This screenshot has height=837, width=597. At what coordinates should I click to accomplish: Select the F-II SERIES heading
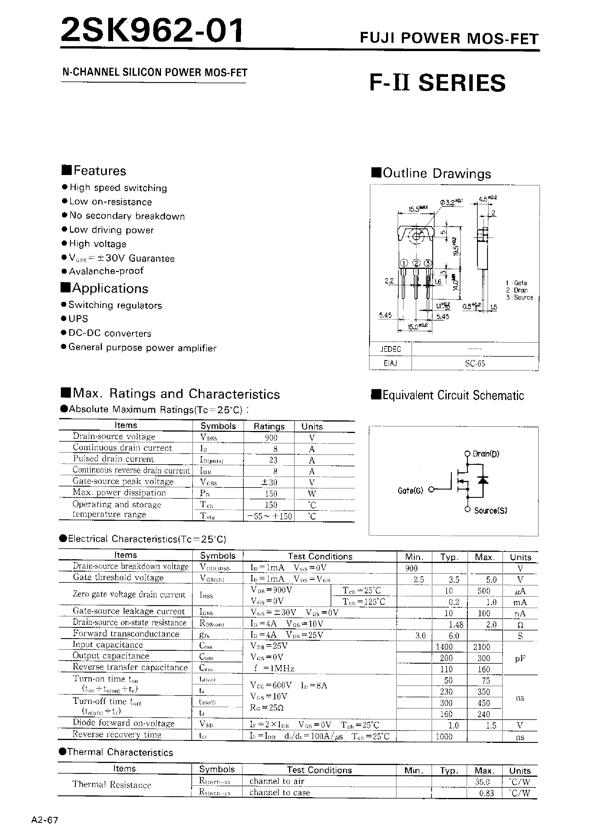(437, 83)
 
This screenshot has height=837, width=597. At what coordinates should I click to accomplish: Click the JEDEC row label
(390, 349)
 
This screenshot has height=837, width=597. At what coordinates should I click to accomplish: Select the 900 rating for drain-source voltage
(271, 438)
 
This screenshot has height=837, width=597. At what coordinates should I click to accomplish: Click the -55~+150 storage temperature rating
(270, 516)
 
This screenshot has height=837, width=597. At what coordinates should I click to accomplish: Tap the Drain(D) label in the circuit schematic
(486, 454)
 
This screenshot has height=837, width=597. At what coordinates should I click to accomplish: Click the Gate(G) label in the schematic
(410, 490)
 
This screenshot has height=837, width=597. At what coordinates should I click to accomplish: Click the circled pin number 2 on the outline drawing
(416, 263)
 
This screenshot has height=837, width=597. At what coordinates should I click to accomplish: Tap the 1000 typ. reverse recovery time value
(444, 736)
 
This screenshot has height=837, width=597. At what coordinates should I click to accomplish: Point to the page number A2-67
(45, 820)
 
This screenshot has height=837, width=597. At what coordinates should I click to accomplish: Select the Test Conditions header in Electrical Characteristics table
(320, 556)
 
